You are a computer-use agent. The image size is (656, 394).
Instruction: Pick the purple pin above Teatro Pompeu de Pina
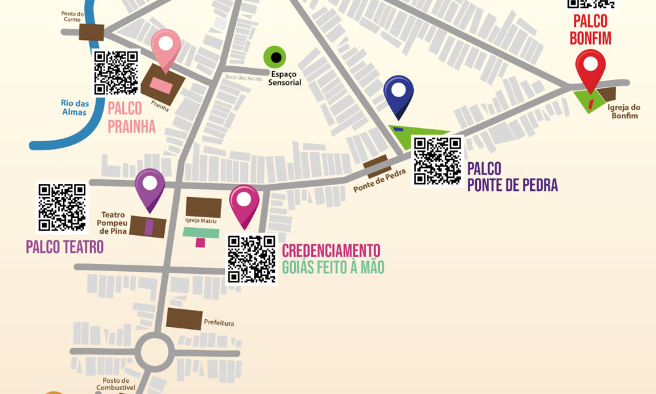point(150,185)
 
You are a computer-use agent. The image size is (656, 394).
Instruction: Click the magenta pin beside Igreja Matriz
point(244,201)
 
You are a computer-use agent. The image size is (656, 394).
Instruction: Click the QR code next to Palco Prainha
point(116,72)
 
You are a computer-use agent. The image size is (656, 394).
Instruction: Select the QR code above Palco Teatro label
point(62,207)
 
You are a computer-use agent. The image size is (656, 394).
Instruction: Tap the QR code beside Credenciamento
point(251,259)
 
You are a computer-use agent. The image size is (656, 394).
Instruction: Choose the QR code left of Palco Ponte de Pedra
point(437,161)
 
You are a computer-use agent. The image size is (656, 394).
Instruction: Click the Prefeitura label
point(219,323)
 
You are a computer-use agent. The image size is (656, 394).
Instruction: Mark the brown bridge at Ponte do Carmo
point(91,32)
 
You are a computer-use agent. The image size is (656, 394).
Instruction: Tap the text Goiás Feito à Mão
point(333,267)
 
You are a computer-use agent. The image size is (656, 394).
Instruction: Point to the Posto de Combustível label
point(118,384)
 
